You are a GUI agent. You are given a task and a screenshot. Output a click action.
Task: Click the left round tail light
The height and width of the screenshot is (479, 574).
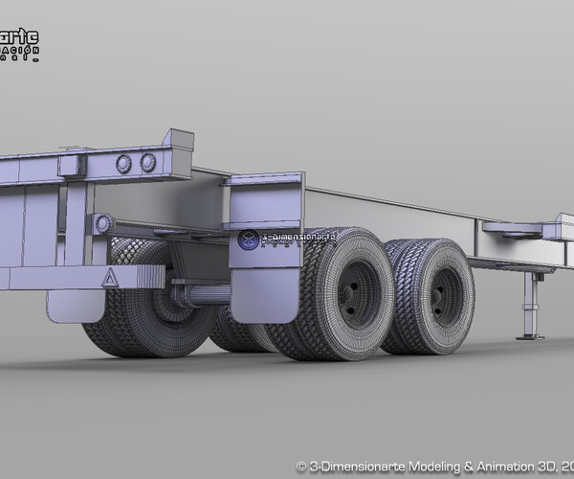123,164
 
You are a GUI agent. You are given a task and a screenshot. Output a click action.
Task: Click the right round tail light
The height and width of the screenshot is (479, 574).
148,162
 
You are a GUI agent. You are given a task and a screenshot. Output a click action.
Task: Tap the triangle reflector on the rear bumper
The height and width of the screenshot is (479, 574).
111,278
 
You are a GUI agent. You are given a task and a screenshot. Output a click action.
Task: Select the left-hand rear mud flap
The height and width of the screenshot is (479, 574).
75,305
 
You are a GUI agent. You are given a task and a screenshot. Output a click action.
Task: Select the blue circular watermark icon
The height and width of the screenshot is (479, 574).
248,239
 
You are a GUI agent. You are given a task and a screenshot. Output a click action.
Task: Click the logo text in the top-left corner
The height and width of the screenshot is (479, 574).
19,43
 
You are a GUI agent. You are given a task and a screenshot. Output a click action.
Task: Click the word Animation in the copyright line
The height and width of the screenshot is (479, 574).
501,466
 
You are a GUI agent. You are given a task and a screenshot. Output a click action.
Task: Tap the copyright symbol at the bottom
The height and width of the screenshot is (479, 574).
300,466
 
